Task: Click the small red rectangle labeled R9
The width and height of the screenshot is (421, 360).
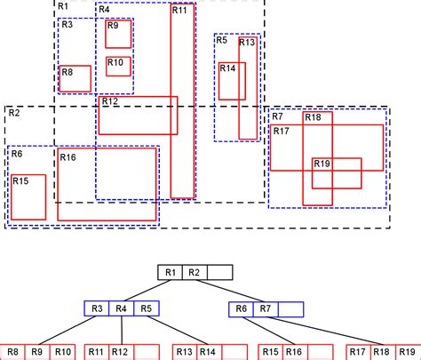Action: click(118, 34)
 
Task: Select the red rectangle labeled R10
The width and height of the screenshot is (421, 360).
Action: click(118, 67)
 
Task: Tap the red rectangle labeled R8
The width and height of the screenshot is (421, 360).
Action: click(75, 78)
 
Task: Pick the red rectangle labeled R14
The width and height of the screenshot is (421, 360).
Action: click(232, 81)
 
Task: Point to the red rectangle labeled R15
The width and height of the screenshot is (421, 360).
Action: click(28, 196)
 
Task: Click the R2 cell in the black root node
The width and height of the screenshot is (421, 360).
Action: click(196, 273)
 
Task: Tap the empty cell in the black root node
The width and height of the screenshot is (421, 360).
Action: click(220, 273)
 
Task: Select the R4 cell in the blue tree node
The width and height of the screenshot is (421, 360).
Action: click(122, 309)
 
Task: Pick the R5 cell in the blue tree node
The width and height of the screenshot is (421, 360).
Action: click(147, 309)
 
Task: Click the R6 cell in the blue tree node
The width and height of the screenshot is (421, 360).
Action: click(242, 309)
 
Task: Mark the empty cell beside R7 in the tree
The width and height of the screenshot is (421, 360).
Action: click(290, 309)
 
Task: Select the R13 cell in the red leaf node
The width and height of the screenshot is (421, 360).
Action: click(184, 352)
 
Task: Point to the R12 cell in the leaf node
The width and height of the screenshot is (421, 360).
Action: click(122, 352)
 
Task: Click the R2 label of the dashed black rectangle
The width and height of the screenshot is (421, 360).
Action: click(14, 113)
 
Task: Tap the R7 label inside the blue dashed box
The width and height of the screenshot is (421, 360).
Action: click(278, 116)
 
